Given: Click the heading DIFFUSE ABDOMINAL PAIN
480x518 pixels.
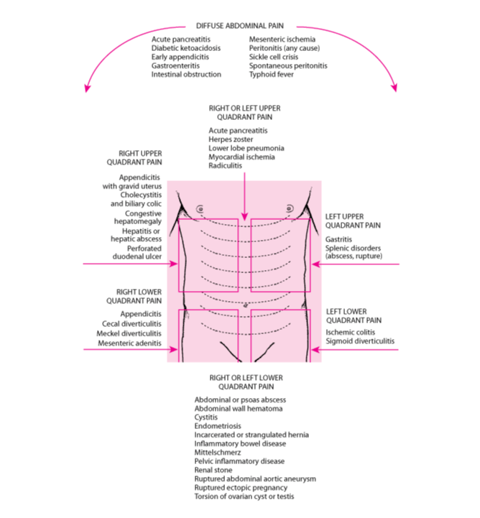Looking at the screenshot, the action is click(239, 26).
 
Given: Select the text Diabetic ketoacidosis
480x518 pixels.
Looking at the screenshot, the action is click(186, 48).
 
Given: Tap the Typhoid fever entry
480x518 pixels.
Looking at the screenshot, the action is click(271, 74).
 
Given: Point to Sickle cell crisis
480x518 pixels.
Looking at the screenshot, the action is click(274, 57).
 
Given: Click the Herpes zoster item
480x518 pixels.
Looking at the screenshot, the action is click(231, 139).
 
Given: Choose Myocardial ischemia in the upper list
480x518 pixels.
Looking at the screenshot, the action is click(241, 157).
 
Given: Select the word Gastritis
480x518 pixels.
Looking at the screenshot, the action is click(338, 239).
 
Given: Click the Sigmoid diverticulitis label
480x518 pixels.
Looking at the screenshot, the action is click(360, 341).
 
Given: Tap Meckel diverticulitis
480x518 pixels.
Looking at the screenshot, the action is click(129, 333).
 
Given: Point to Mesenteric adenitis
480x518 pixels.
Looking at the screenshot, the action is click(129, 343).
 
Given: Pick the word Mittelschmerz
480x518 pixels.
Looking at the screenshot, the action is click(218, 452).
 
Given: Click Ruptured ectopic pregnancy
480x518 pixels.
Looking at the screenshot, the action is click(241, 488).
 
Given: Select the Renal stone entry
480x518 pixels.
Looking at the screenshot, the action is click(213, 470).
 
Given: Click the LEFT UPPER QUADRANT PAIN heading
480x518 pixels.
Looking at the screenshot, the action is click(353, 221).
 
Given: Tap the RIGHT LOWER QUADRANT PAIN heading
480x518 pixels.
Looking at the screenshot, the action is click(134, 296).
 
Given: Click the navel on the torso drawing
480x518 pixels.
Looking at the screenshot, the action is click(245, 305).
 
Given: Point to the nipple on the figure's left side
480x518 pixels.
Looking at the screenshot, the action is click(290, 208).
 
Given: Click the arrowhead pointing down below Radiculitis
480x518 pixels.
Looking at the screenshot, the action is click(244, 217).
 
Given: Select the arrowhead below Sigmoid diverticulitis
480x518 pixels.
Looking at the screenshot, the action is click(315, 349).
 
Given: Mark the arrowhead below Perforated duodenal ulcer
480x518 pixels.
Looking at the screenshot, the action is click(174, 264).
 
